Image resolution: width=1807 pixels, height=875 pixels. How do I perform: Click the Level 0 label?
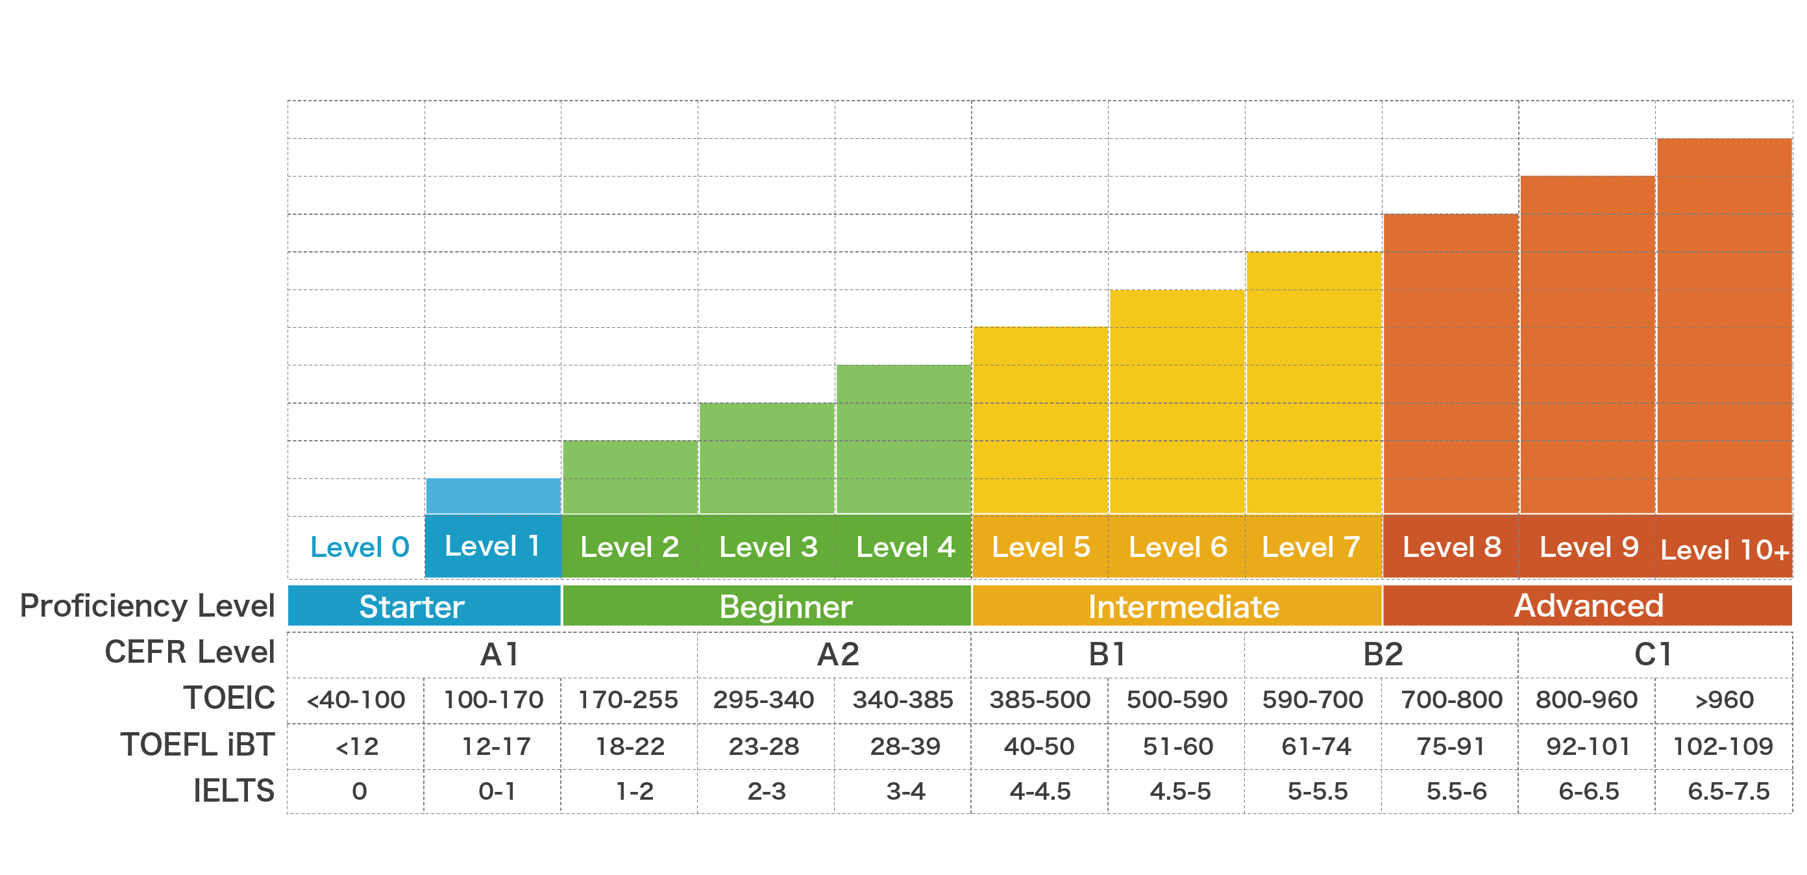point(359,547)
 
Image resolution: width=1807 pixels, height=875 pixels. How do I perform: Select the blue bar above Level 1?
point(493,496)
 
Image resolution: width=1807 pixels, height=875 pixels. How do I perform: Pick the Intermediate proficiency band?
point(1183,606)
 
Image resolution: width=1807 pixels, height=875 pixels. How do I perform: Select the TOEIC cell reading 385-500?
point(1040,700)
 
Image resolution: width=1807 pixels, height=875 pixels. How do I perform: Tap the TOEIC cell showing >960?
point(1723,700)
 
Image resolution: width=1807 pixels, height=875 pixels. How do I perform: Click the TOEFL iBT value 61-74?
point(1315,746)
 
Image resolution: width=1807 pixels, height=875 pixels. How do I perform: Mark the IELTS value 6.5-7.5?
point(1728,791)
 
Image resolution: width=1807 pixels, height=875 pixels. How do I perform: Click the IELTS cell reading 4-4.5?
point(1040,791)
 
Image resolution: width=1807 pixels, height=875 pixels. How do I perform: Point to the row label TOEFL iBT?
point(197,745)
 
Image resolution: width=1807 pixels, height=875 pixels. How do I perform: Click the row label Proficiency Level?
point(147,606)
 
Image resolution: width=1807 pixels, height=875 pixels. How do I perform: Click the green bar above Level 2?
point(630,477)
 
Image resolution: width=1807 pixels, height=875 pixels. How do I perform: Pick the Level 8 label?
point(1451,547)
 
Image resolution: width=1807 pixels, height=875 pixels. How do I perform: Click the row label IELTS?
point(234,791)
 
